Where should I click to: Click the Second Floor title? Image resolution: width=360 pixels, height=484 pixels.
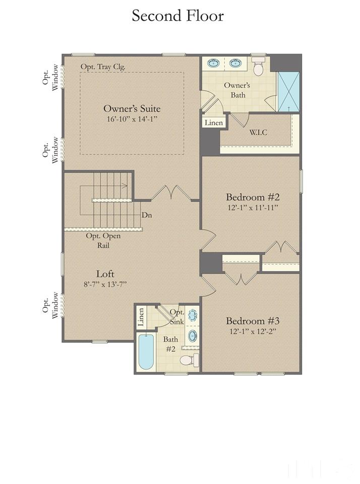(x=177, y=16)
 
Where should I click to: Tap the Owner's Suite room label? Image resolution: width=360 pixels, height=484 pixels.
(x=132, y=109)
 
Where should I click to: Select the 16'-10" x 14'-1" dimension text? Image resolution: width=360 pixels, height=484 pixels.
(x=132, y=119)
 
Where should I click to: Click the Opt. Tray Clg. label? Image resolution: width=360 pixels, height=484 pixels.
(x=103, y=67)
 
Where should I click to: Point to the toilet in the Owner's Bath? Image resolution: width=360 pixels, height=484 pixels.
(x=258, y=66)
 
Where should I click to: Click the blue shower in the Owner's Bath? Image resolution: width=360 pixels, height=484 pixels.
(x=289, y=92)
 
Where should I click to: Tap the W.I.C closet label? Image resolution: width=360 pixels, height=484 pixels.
(x=258, y=132)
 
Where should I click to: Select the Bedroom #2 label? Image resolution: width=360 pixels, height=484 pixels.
(x=253, y=197)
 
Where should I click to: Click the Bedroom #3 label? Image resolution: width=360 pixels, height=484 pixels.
(x=253, y=320)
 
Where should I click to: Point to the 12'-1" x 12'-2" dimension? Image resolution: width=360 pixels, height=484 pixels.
(x=253, y=332)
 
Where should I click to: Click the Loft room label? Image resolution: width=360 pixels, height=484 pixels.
(x=105, y=274)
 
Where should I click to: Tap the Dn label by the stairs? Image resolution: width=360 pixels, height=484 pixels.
(x=147, y=215)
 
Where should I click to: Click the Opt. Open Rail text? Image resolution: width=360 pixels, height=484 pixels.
(x=103, y=240)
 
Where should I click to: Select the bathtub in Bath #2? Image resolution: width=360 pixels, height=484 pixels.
(x=146, y=352)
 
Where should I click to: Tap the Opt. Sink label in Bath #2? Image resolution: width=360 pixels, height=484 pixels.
(x=177, y=317)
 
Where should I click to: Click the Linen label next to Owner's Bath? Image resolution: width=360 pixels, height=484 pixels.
(x=213, y=123)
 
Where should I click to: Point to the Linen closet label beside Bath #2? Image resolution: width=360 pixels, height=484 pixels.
(x=141, y=317)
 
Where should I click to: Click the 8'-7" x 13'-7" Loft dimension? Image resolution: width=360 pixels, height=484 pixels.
(x=105, y=284)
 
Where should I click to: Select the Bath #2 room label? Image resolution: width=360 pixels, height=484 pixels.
(x=170, y=344)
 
